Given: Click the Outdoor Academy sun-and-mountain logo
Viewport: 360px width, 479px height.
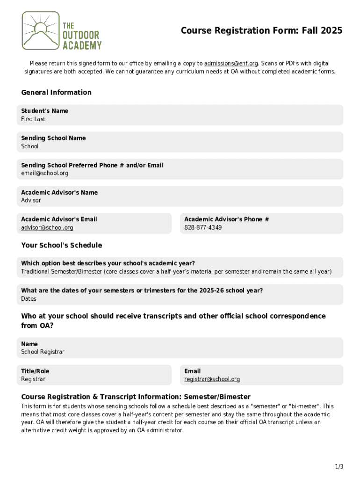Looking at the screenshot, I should [x=41, y=30].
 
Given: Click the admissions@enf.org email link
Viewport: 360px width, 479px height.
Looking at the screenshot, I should [x=231, y=64].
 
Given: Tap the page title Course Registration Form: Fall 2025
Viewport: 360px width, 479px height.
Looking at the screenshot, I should [x=261, y=31].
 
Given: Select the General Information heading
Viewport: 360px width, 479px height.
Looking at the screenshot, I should [x=56, y=93].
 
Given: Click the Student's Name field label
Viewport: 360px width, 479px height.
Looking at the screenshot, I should [x=44, y=111].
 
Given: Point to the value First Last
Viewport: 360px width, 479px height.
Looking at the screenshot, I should [x=33, y=119].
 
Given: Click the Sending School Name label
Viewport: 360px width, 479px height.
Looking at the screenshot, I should [x=53, y=138].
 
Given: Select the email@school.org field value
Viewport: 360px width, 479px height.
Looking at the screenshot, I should [x=44, y=173].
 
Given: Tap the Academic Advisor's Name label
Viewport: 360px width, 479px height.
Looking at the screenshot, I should [x=59, y=192].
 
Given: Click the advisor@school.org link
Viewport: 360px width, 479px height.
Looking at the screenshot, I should [x=47, y=228].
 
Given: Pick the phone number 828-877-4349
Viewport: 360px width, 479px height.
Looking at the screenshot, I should [x=203, y=228].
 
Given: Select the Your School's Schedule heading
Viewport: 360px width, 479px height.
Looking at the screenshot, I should [x=61, y=246].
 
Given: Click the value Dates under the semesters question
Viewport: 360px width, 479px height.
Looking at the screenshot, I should [x=29, y=299].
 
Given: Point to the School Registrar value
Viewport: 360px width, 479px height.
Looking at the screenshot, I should [x=43, y=352].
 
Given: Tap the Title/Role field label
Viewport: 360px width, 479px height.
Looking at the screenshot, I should [x=35, y=371].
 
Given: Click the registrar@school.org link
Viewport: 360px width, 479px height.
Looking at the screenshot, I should [x=212, y=379].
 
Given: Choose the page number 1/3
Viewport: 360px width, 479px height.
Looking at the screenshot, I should [x=339, y=467].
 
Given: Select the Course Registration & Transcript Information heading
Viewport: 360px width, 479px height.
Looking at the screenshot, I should [x=136, y=397].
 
